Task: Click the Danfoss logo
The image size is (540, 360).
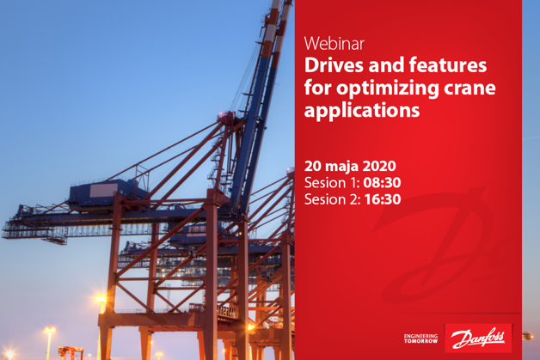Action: (478, 338)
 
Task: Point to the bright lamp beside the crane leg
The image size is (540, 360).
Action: (102, 300)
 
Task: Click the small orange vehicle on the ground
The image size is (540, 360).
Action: (71, 351)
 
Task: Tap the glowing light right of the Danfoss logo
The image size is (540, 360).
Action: (527, 336)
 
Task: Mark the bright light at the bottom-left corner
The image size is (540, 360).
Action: (7, 353)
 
